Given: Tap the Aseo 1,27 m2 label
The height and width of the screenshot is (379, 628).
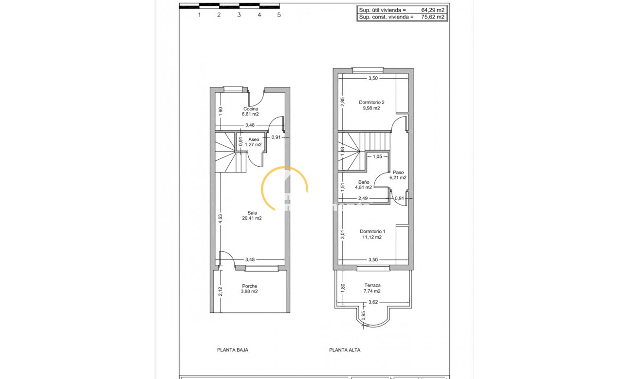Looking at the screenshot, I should pos(254,142).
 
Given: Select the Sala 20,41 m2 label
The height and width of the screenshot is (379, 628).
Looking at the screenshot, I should pos(252,216).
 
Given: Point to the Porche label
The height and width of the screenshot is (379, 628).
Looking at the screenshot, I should pos(249,289).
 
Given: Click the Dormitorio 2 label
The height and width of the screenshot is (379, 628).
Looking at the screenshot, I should pos(371,105).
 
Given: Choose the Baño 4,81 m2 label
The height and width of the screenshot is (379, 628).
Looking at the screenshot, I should pos(363,185).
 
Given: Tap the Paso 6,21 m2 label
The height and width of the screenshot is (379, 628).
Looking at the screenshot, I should pos(398,175).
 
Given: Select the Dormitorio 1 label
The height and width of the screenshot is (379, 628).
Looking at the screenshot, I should pos(372,234).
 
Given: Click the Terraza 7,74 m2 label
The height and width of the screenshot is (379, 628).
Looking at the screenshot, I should pos(372,288).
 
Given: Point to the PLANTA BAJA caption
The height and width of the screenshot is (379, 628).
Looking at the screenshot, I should pos(232,350).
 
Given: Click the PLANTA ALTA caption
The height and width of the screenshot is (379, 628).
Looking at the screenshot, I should pos(345,350).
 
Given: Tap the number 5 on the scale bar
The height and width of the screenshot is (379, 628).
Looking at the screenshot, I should pos(279,15).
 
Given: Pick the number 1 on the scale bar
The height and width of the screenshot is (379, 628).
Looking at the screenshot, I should pos(199,15).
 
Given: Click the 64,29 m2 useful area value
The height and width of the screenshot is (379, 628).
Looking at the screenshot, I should pos(433,10).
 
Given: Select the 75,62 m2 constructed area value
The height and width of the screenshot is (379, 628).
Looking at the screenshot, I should pos(433,17).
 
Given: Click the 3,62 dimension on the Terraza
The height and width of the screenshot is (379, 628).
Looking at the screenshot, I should pos(373,302).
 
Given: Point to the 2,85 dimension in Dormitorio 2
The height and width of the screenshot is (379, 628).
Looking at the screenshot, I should pos(343,102).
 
